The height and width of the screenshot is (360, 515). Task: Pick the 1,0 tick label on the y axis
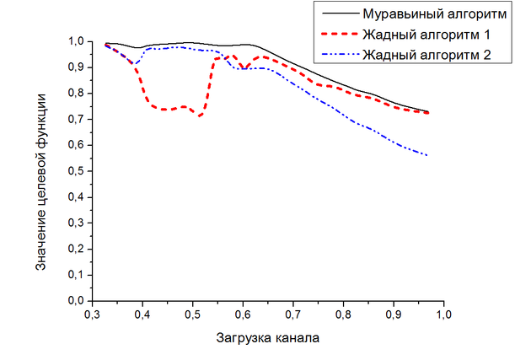[x=74, y=40]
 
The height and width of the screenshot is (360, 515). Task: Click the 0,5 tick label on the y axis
[x=74, y=170]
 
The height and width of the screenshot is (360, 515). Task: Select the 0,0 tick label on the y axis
[x=74, y=300]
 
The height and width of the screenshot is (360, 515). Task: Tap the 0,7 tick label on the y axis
[x=74, y=119]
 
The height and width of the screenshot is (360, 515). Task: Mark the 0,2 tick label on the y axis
[x=74, y=249]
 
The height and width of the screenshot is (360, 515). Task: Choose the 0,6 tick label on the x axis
[x=244, y=314]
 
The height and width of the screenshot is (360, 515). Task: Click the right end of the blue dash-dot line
[x=428, y=155]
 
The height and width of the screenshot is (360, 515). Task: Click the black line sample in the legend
[x=335, y=13]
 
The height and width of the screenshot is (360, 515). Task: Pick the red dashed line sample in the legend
[x=335, y=35]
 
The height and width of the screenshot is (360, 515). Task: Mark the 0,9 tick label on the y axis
[x=74, y=67]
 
